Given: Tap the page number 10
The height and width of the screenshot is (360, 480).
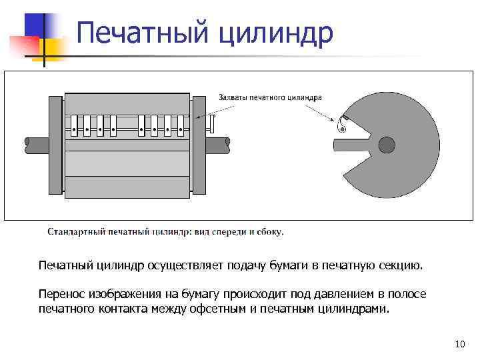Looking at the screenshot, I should [459, 344].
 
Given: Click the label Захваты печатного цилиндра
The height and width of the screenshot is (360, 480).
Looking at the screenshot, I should [270, 97].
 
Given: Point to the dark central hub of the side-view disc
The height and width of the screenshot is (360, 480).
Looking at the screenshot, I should [387, 144].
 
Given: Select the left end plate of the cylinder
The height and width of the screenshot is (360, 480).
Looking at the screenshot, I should [55, 145].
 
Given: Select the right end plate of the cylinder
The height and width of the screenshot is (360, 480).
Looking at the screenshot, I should [199, 145].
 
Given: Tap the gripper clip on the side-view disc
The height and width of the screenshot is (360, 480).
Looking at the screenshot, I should [345, 121].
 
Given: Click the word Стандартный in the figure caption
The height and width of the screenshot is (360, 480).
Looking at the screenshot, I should [73, 232].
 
